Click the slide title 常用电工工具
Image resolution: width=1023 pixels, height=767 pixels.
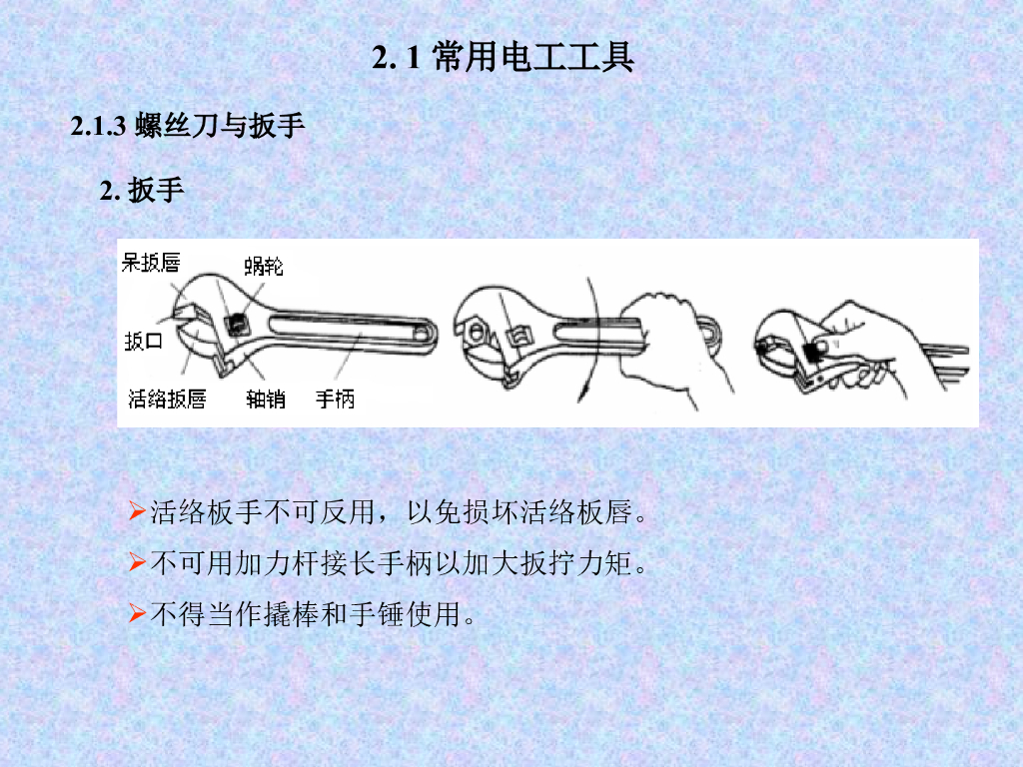[532, 57]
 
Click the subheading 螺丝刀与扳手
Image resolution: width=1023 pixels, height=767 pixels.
[220, 125]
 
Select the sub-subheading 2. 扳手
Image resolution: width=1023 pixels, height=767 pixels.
[142, 190]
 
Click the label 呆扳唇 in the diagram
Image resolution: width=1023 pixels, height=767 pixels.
[151, 263]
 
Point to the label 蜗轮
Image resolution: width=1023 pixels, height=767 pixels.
[264, 266]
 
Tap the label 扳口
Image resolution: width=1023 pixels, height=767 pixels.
[144, 341]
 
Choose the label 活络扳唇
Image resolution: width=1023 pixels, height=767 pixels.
[167, 398]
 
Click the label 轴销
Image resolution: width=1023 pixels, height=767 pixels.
[266, 398]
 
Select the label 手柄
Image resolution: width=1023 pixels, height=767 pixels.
[335, 398]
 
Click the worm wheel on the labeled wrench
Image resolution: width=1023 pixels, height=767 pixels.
[236, 323]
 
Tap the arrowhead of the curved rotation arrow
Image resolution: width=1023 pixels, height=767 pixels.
[582, 392]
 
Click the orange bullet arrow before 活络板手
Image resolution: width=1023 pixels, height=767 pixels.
[137, 510]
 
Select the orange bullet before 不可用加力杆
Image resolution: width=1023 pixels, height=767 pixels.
[137, 561]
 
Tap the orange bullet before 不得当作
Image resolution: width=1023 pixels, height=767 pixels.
[137, 613]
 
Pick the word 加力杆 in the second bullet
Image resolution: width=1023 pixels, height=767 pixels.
[278, 563]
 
